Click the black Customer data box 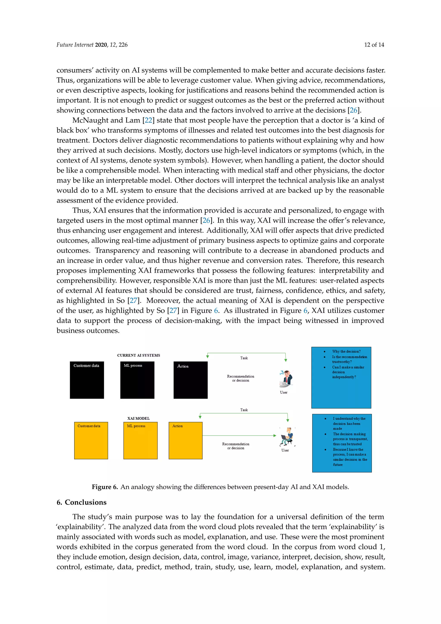click(x=87, y=380)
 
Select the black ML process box click(x=137, y=380)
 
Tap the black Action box click(x=190, y=380)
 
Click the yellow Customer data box click(x=91, y=441)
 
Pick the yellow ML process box click(x=140, y=441)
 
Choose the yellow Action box click(x=185, y=441)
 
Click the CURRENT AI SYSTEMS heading click(x=138, y=355)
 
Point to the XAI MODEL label click(x=138, y=418)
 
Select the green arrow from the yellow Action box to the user click(x=239, y=435)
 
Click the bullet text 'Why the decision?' click(x=346, y=351)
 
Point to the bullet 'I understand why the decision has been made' click(x=349, y=423)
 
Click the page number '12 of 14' click(x=374, y=45)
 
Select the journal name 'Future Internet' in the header click(x=75, y=45)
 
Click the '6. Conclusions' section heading click(x=81, y=502)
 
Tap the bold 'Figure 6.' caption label click(x=105, y=487)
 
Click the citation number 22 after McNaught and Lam click(x=148, y=120)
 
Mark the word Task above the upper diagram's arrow click(x=244, y=358)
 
